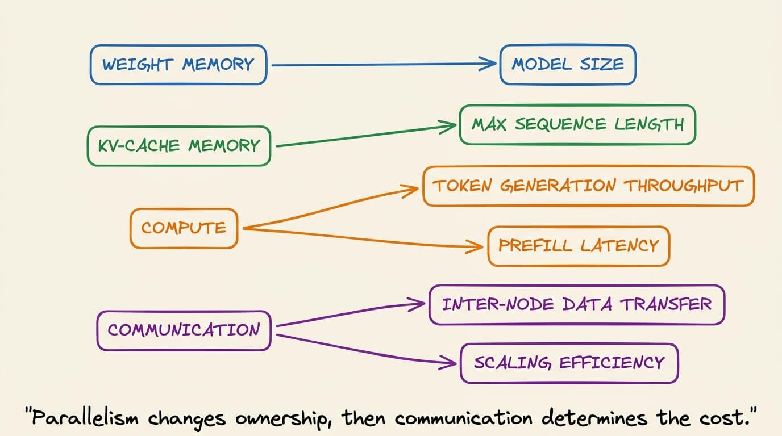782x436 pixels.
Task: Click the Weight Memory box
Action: pyautogui.click(x=178, y=65)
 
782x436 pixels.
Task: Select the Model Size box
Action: pyautogui.click(x=568, y=65)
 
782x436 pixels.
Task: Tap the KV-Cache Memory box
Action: pyautogui.click(x=179, y=146)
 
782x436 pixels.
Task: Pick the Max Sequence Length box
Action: pyautogui.click(x=577, y=124)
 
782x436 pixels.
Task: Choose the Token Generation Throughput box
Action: pyautogui.click(x=589, y=186)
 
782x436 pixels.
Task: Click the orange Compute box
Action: pyautogui.click(x=184, y=228)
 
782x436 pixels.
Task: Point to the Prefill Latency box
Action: pyautogui.click(x=579, y=246)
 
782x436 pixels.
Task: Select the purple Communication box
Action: pyautogui.click(x=184, y=330)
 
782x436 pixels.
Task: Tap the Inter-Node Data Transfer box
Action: pyautogui.click(x=577, y=305)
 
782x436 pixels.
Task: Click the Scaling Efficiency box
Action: pyautogui.click(x=569, y=363)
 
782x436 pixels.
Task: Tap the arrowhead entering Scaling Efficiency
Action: pyautogui.click(x=448, y=363)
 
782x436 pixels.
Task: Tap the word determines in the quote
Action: pyautogui.click(x=594, y=417)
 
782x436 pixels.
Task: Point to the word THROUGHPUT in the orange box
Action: pyautogui.click(x=684, y=186)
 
